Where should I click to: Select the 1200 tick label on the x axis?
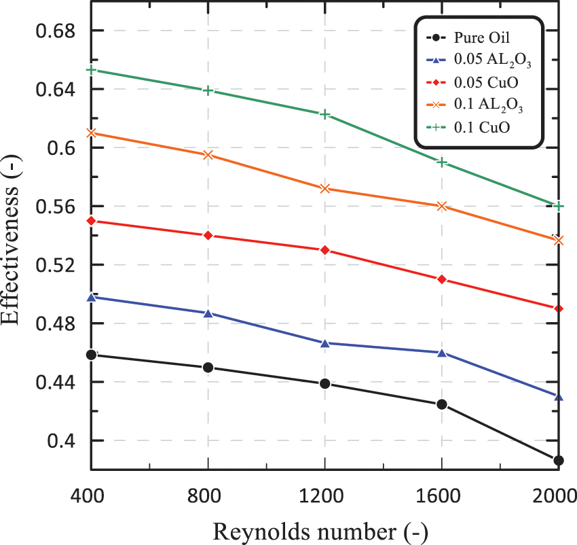324,495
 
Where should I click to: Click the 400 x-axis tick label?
91,495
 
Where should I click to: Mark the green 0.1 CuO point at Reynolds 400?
91,70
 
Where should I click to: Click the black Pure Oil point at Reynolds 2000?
559,461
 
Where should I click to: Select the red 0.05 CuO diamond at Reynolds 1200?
325,250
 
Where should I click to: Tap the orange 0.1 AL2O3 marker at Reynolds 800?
208,155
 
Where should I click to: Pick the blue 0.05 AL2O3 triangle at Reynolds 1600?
442,353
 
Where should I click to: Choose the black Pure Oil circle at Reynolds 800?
208,368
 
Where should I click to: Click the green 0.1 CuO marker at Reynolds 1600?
442,162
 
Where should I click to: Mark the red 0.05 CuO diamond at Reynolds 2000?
559,309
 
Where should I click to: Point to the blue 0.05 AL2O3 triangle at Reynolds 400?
91,297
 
